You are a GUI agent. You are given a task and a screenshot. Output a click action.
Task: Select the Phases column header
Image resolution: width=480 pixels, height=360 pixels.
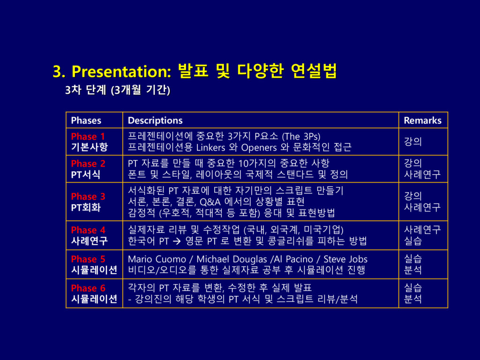pyautogui.click(x=86, y=120)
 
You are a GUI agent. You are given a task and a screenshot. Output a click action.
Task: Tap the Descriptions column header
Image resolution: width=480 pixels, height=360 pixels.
pyautogui.click(x=155, y=120)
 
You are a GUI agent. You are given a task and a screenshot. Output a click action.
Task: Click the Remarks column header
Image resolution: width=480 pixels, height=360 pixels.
pyautogui.click(x=422, y=120)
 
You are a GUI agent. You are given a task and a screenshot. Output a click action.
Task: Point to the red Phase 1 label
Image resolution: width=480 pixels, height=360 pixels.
pyautogui.click(x=88, y=136)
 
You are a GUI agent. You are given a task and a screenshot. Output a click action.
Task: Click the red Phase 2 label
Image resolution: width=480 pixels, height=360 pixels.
pyautogui.click(x=88, y=164)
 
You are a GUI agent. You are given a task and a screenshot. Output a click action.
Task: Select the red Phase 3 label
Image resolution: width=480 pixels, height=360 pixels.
pyautogui.click(x=88, y=196)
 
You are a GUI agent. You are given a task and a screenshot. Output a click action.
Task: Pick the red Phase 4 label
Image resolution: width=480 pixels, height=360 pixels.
pyautogui.click(x=88, y=230)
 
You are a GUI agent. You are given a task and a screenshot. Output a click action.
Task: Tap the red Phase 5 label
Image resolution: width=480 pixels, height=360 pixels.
pyautogui.click(x=88, y=259)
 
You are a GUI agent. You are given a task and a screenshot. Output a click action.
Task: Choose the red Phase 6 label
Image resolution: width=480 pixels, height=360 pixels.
pyautogui.click(x=88, y=288)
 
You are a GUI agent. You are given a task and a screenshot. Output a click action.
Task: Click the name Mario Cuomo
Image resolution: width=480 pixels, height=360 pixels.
pyautogui.click(x=157, y=259)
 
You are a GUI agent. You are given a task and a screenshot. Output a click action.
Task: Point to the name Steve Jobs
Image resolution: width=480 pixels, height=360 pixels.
pyautogui.click(x=345, y=259)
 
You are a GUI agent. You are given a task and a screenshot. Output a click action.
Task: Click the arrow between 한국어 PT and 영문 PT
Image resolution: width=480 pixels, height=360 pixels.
pyautogui.click(x=177, y=241)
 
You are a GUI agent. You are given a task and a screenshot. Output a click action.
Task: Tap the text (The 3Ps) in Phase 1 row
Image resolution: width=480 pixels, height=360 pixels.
pyautogui.click(x=301, y=136)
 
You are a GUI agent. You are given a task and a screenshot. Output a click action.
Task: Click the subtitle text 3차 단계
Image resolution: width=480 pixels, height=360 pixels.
pyautogui.click(x=85, y=90)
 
